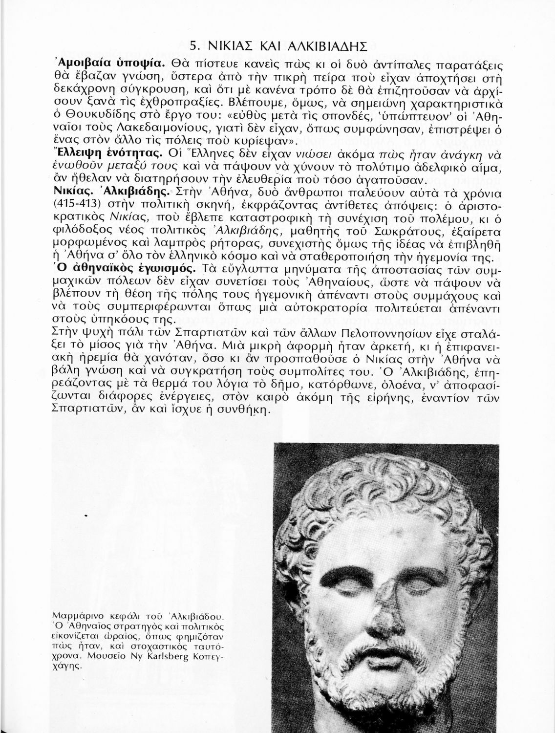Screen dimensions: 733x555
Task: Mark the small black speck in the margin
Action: pos(85,516)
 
